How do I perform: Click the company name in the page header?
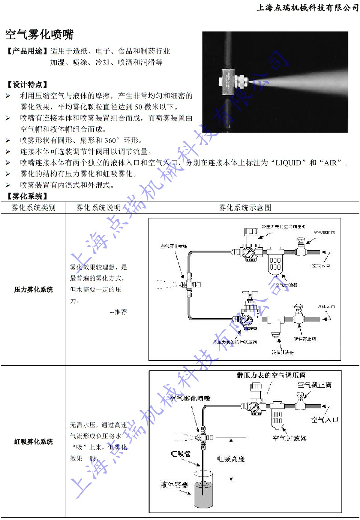pyautogui.click(x=307, y=7)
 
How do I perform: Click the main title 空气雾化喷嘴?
pyautogui.click(x=39, y=34)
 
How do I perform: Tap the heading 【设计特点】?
pyautogui.click(x=27, y=85)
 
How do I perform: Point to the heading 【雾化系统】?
pyautogui.click(x=27, y=196)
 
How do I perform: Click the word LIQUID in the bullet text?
pyautogui.click(x=288, y=163)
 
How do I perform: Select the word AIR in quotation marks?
pyautogui.click(x=330, y=163)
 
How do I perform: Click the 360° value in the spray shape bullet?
pyautogui.click(x=112, y=140)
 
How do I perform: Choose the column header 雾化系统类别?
pyautogui.click(x=33, y=208)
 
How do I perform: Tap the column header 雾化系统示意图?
pyautogui.click(x=245, y=208)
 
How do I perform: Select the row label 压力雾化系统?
pyautogui.click(x=33, y=290)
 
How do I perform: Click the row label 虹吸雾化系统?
pyautogui.click(x=33, y=442)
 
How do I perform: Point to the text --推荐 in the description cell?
pyautogui.click(x=118, y=312)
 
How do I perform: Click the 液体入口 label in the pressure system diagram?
pyautogui.click(x=326, y=307)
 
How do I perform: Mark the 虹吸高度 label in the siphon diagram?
pyautogui.click(x=231, y=459)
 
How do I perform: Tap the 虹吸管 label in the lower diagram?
pyautogui.click(x=181, y=454)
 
